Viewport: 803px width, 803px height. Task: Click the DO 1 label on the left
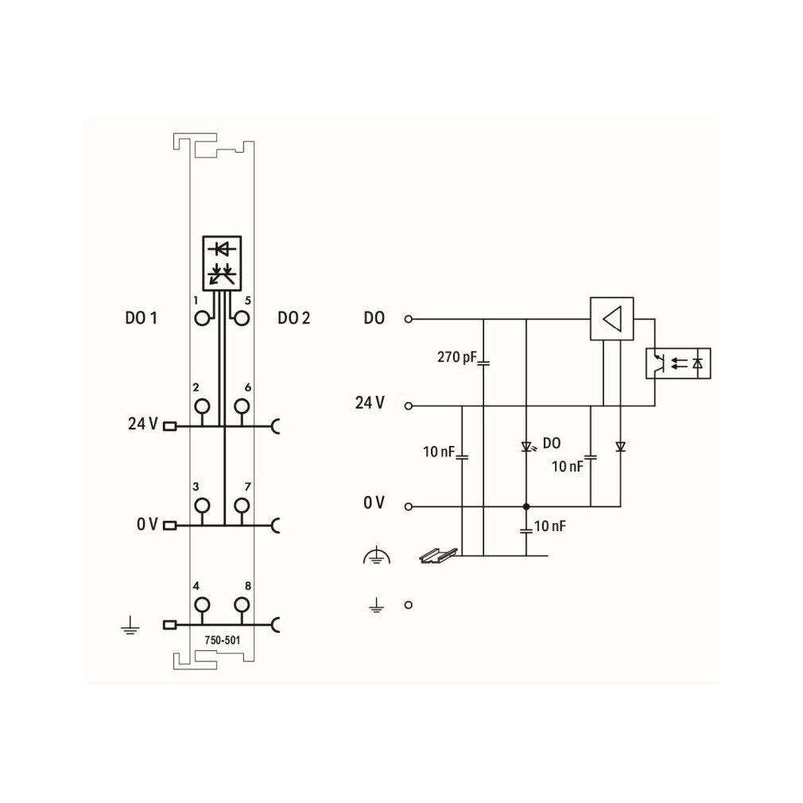coord(141,318)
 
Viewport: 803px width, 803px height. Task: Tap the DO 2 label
coord(293,318)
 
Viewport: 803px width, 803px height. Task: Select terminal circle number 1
coord(202,319)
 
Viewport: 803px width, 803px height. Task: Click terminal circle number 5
coord(242,319)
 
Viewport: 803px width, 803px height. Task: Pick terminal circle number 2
coord(202,406)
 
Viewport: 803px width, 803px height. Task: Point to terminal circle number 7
coord(242,506)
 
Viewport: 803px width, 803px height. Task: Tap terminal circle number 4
coord(202,605)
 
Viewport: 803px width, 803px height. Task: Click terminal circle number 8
coord(242,605)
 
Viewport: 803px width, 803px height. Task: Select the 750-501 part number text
coord(223,640)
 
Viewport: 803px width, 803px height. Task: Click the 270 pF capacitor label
coord(457,357)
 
